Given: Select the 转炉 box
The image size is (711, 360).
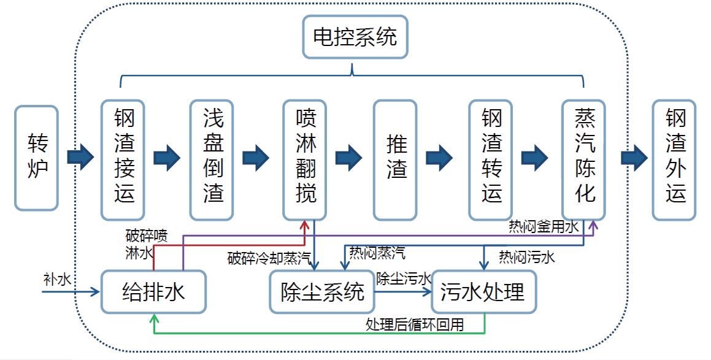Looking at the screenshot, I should [36, 158].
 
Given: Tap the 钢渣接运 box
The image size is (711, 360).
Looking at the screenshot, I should [123, 159].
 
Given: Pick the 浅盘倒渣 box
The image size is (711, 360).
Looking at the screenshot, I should [212, 159].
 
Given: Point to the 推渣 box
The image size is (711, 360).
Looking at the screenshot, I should [395, 159].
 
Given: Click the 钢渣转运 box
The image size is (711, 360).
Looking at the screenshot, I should [490, 159].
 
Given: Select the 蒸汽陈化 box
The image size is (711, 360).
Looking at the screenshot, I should [583, 159].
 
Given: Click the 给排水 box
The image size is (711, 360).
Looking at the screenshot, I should [153, 292].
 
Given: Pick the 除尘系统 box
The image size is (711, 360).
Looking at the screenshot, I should [322, 292].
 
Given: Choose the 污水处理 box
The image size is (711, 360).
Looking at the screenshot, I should [483, 292].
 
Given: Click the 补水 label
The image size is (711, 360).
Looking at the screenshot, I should [56, 280].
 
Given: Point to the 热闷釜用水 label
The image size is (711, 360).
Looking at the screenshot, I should [544, 228].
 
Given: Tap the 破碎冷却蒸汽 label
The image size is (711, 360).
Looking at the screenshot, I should [269, 258].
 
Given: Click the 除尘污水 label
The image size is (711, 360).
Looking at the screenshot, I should [403, 279].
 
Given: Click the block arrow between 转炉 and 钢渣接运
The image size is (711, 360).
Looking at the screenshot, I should [80, 157].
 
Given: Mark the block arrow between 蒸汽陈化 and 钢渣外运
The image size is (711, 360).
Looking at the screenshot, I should [634, 157].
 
